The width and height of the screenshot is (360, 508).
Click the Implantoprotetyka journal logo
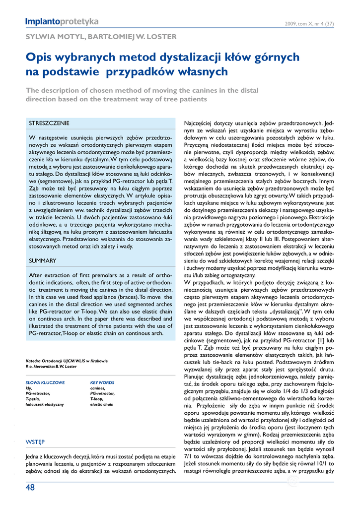62,21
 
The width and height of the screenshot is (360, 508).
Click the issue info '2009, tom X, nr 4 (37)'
309,23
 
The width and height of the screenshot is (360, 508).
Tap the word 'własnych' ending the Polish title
204,71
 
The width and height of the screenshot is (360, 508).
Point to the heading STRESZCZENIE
49,123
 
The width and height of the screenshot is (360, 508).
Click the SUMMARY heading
43,260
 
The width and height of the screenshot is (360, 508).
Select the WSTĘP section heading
35,442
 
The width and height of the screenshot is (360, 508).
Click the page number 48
30,487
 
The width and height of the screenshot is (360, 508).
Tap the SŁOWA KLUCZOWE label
45,382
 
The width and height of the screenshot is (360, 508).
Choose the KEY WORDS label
102,382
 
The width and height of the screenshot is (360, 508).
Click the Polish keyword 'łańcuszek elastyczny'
45,404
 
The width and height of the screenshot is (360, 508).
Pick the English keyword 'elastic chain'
102,404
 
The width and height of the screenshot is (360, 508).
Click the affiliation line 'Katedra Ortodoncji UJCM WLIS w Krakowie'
67,361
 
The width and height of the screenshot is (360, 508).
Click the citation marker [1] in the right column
321,341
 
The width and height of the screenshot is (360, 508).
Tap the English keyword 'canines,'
98,388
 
